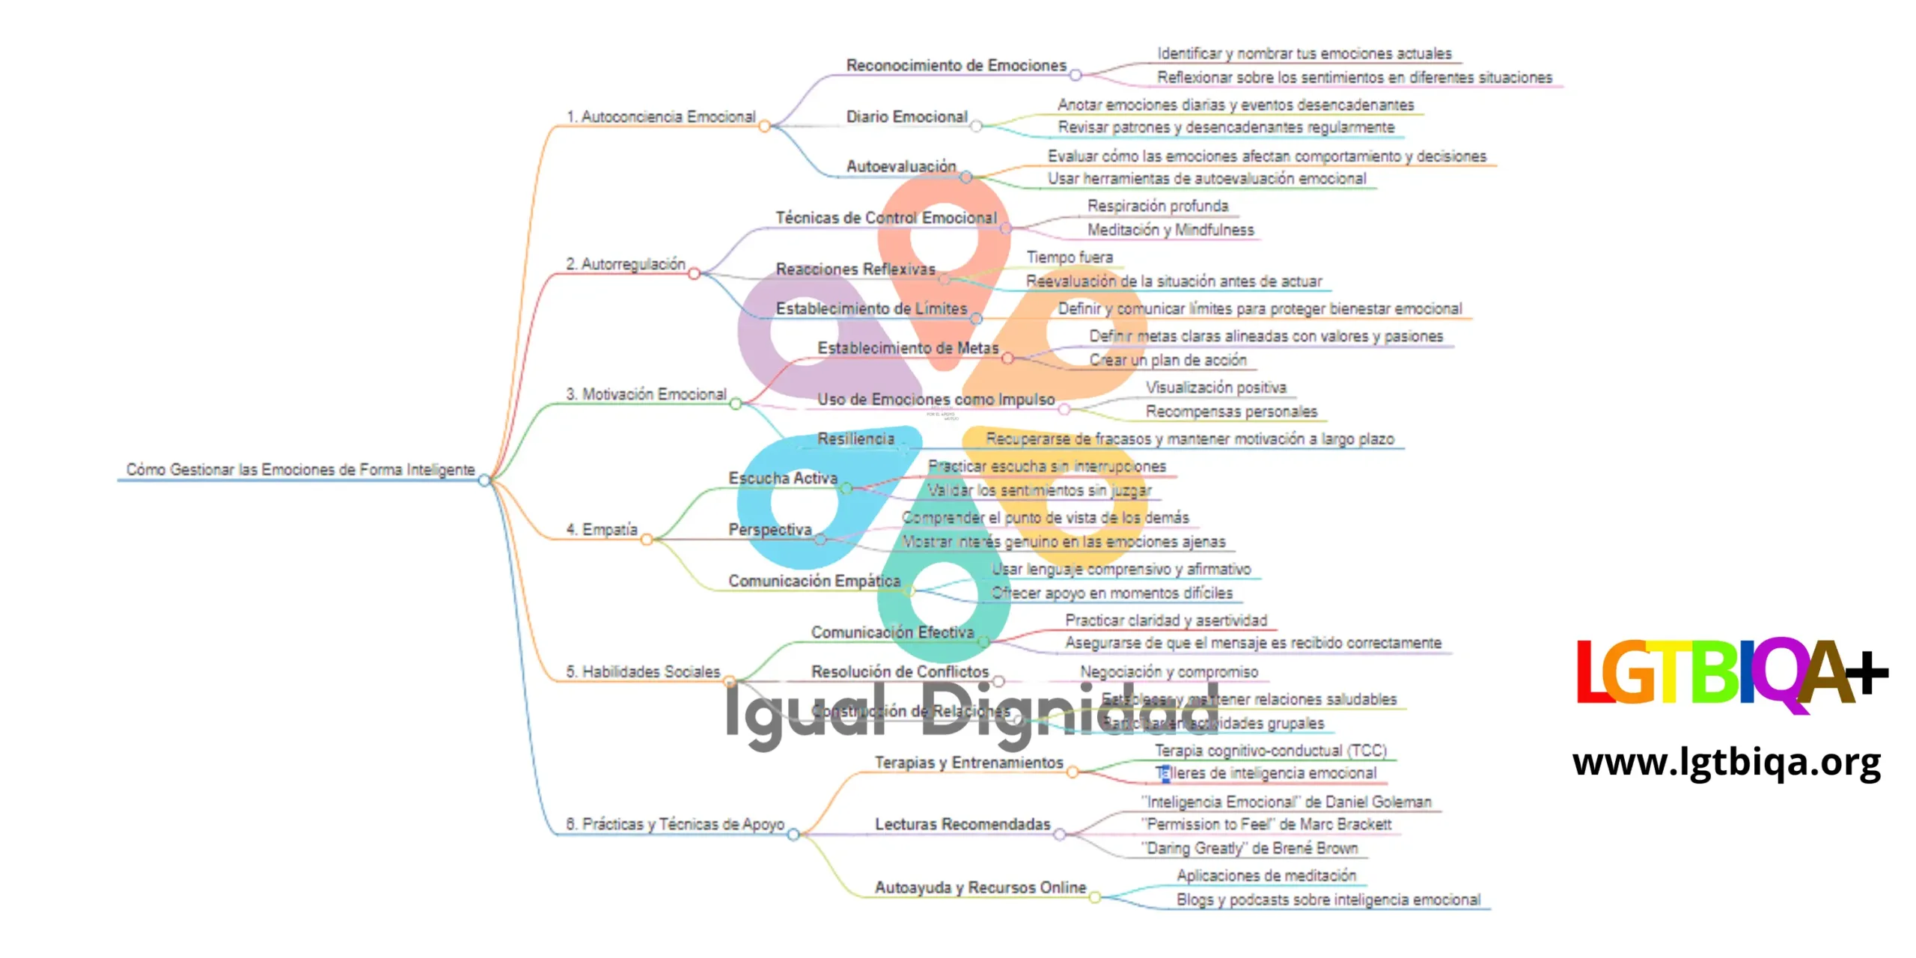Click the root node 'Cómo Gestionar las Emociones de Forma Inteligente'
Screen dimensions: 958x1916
coord(300,469)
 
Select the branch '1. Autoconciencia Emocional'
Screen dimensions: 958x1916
coord(661,117)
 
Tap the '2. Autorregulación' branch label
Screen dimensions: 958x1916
coord(626,264)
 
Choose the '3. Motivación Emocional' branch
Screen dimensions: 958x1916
coord(647,394)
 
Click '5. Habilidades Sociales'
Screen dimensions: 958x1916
coord(643,671)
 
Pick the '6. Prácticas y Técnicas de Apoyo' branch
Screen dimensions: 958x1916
coord(675,824)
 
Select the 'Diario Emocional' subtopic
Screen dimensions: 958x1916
coord(906,117)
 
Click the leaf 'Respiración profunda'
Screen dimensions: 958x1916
coord(1157,206)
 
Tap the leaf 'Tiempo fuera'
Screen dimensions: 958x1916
coord(1070,257)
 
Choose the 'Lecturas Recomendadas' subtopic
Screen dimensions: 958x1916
coord(962,824)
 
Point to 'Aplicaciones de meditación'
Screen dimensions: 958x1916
coord(1266,875)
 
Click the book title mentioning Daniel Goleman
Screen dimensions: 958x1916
coord(1286,802)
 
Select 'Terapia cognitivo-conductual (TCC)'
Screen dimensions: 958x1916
coord(1270,750)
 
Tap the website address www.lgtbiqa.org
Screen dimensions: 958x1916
coord(1727,763)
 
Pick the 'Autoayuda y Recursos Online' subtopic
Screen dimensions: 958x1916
coord(980,887)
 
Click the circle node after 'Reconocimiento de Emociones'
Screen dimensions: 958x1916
coord(1076,75)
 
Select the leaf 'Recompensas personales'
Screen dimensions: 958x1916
coord(1231,411)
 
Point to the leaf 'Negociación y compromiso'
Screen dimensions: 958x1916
coord(1168,672)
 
